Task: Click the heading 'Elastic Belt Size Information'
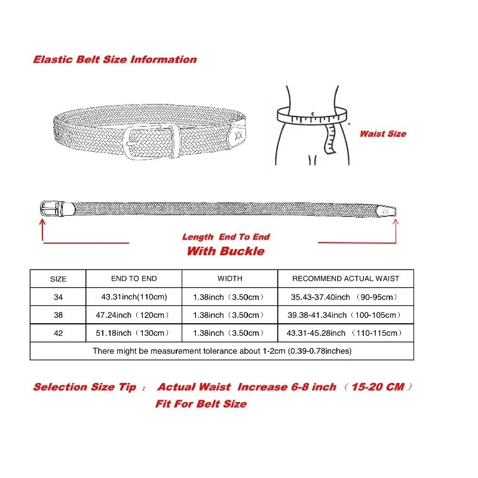pos(115,60)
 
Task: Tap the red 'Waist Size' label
pos(382,134)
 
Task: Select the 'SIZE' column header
pos(58,279)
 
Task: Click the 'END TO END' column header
pos(134,278)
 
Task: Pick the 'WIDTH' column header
pos(229,278)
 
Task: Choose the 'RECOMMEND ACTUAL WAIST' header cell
pos(345,278)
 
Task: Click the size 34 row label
pos(58,297)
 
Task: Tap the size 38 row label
pos(58,315)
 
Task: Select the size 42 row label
pos(58,333)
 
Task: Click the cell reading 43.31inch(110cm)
pos(134,297)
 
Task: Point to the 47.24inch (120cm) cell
pos(134,315)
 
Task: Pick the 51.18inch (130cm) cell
pos(134,333)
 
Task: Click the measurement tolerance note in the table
pos(222,351)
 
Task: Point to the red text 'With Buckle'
pos(225,251)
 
